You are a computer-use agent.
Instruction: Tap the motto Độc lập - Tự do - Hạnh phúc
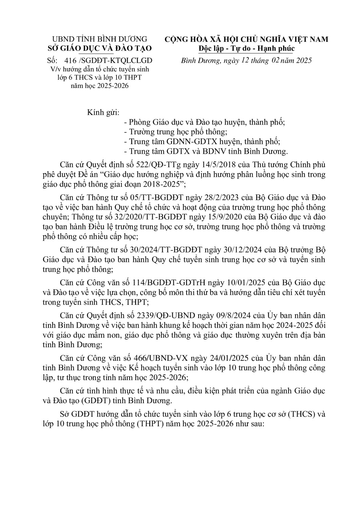[x=246, y=48]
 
